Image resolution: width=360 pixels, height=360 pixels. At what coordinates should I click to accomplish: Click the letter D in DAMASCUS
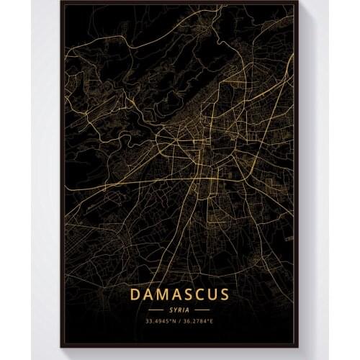click(135, 294)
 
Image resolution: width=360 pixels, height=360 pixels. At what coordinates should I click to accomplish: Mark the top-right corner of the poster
click(296, 4)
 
